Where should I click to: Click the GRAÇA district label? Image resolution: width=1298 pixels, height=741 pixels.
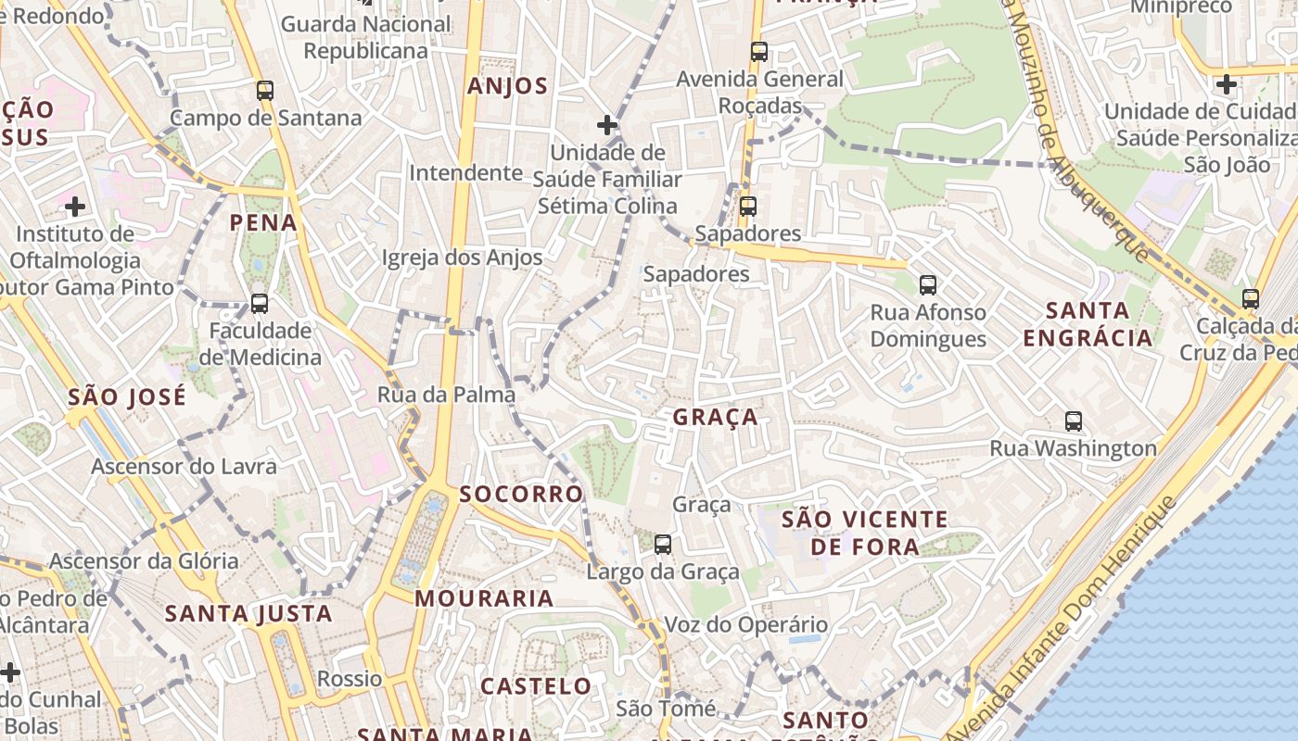pyautogui.click(x=715, y=418)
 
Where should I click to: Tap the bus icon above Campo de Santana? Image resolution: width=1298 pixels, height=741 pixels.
pyautogui.click(x=265, y=91)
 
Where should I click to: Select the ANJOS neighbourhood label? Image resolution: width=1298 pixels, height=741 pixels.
pyautogui.click(x=507, y=87)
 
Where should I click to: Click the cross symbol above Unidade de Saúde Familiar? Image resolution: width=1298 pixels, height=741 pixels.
pyautogui.click(x=607, y=124)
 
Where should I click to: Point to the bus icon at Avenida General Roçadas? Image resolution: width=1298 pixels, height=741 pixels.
pyautogui.click(x=759, y=52)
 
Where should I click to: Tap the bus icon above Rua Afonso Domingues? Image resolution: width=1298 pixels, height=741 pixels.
pyautogui.click(x=928, y=285)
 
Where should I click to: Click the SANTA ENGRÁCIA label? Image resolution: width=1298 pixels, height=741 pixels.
pyautogui.click(x=1088, y=323)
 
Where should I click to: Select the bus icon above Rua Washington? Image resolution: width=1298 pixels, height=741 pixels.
pyautogui.click(x=1074, y=421)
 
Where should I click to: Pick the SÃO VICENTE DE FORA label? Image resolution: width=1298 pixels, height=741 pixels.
pyautogui.click(x=865, y=533)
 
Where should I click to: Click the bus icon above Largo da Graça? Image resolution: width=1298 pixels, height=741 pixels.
pyautogui.click(x=663, y=545)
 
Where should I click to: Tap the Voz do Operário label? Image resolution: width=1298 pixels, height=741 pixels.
pyautogui.click(x=746, y=625)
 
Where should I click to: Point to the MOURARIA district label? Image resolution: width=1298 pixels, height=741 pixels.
pyautogui.click(x=484, y=598)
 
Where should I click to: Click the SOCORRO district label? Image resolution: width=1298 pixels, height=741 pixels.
pyautogui.click(x=521, y=494)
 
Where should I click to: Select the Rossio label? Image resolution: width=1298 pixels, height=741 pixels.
pyautogui.click(x=350, y=679)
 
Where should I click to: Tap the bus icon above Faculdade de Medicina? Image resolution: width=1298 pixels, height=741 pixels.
pyautogui.click(x=260, y=304)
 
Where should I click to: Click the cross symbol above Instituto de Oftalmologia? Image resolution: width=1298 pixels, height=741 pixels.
pyautogui.click(x=75, y=206)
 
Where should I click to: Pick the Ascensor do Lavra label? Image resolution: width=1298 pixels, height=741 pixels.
pyautogui.click(x=184, y=466)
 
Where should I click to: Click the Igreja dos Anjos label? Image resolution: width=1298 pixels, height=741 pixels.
pyautogui.click(x=462, y=257)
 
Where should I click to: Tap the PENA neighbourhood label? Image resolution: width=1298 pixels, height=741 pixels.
pyautogui.click(x=263, y=223)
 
